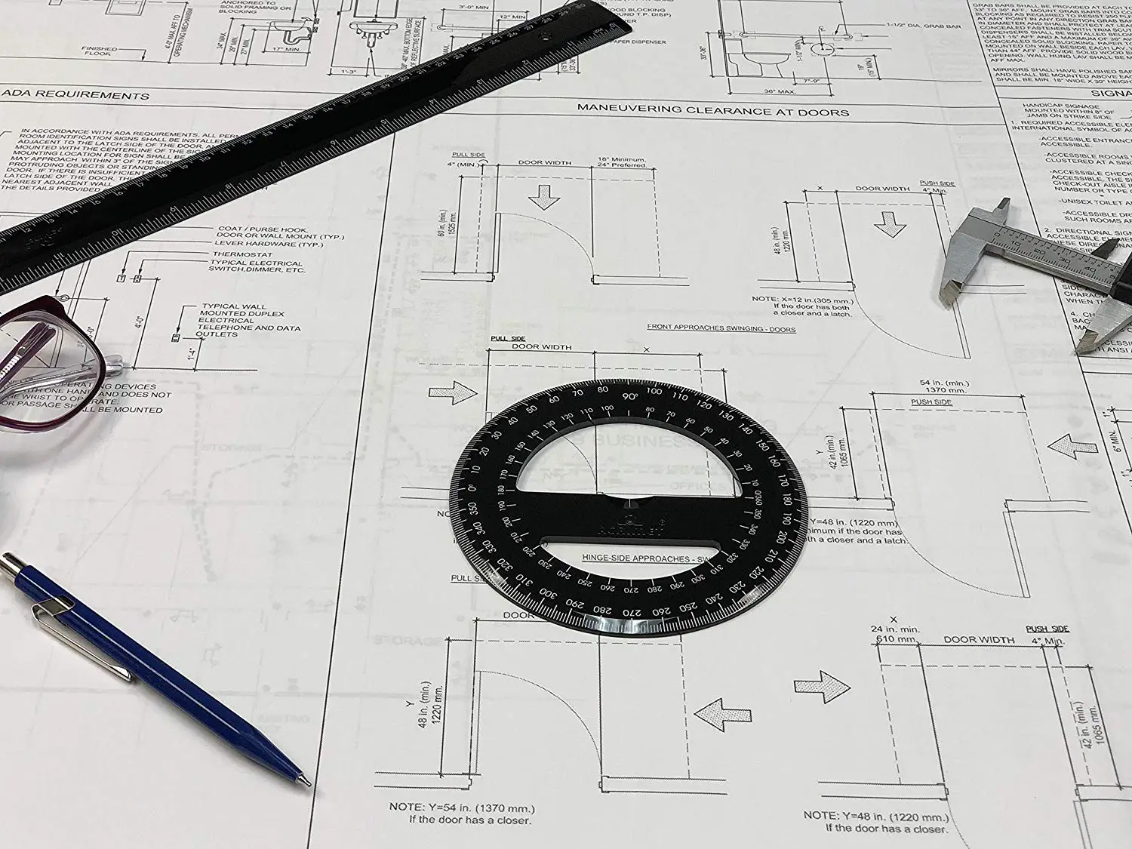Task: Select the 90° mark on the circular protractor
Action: (629, 395)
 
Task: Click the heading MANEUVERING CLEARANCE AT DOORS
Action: (712, 110)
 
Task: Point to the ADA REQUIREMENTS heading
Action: (75, 95)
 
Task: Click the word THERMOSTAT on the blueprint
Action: (242, 254)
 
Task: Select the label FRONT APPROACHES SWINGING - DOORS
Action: (721, 328)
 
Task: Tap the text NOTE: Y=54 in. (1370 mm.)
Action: (462, 807)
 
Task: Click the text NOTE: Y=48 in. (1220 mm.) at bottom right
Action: (875, 816)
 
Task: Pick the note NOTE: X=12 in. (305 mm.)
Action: (801, 299)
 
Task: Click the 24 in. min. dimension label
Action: (895, 629)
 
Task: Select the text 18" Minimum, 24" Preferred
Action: (622, 162)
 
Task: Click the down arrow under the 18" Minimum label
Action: (543, 198)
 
